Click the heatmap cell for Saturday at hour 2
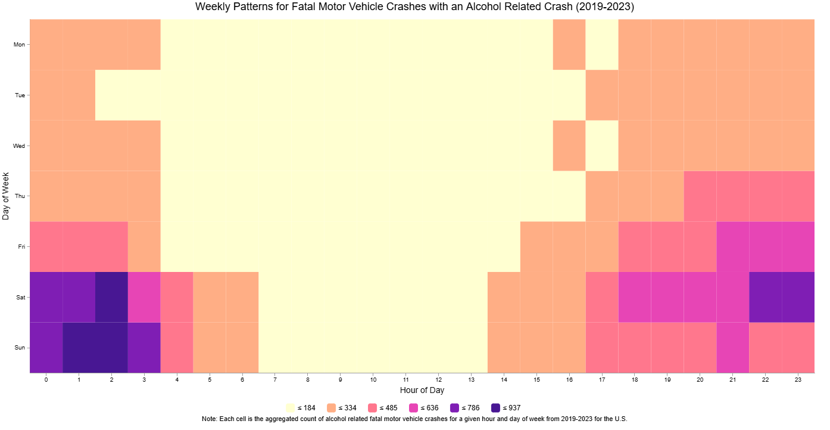tap(111, 297)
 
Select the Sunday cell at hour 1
tap(79, 348)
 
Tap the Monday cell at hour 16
tap(569, 44)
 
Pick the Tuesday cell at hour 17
tap(602, 95)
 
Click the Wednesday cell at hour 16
tap(569, 146)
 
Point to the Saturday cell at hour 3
tap(144, 297)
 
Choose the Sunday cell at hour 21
tap(733, 348)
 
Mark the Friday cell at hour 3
tap(144, 246)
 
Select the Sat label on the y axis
tap(20, 297)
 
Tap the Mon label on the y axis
tap(19, 45)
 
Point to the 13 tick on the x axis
tap(471, 379)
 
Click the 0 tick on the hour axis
tap(46, 379)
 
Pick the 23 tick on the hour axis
tap(798, 379)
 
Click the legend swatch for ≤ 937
tap(496, 408)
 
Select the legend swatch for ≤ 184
tap(291, 408)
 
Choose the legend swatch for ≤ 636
tap(414, 408)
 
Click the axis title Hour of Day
tap(422, 391)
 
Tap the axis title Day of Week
tap(6, 196)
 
